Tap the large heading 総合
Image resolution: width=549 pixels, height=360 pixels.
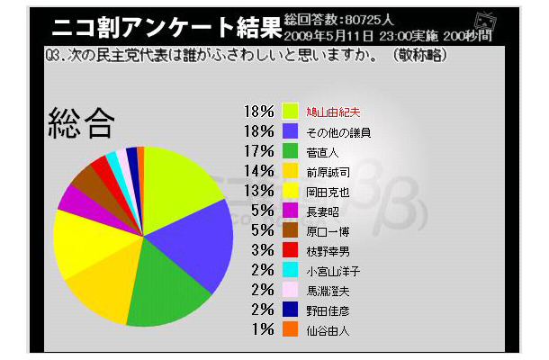[x=83, y=123]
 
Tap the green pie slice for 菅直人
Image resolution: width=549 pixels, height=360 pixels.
[x=166, y=292]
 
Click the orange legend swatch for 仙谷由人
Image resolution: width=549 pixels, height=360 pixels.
[x=290, y=330]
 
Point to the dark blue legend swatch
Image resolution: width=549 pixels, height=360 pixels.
[x=290, y=310]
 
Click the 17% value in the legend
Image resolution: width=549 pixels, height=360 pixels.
[x=258, y=150]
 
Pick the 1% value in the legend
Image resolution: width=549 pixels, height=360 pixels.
[x=263, y=330]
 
